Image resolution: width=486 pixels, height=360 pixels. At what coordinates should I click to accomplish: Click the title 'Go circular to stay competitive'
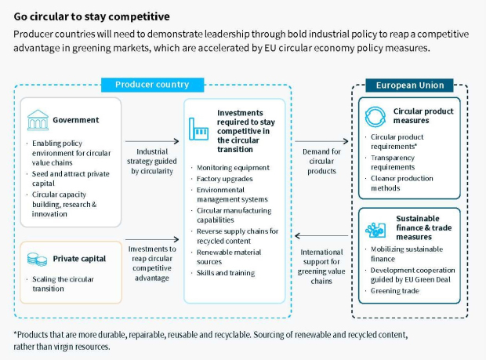click(92, 16)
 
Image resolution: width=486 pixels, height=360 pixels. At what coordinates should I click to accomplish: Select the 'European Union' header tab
click(409, 85)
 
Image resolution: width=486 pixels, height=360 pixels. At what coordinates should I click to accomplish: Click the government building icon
click(38, 120)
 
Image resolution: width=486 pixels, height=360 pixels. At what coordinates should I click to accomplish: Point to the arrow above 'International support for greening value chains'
click(321, 235)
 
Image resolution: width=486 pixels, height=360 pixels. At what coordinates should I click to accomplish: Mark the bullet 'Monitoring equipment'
click(233, 168)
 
